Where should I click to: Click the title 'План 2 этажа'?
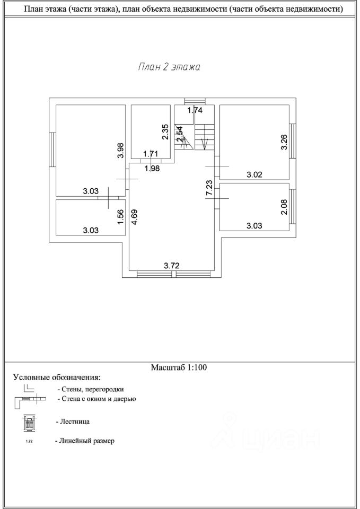click(169, 67)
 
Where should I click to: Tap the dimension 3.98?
click(121, 151)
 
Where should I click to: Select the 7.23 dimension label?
click(209, 189)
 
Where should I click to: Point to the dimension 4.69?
click(135, 218)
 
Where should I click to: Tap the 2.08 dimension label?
click(284, 206)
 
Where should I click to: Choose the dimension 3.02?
click(255, 174)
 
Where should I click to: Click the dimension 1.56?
click(121, 216)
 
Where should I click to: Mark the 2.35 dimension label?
click(165, 131)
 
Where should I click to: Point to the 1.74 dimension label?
click(196, 111)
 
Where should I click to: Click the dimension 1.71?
click(151, 154)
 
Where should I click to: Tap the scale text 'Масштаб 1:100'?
click(179, 367)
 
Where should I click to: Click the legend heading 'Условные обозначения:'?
click(56, 378)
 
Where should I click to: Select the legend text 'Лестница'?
click(72, 423)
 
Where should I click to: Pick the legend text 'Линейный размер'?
click(85, 441)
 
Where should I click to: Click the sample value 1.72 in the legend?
click(29, 441)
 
